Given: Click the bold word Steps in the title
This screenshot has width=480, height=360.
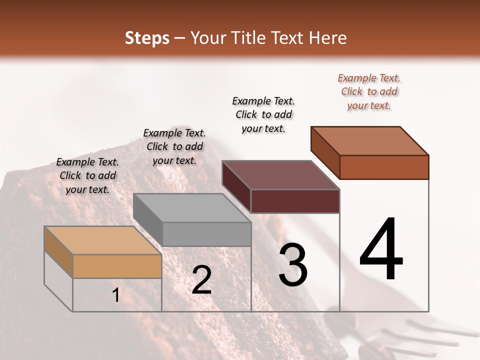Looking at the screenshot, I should click(x=147, y=38).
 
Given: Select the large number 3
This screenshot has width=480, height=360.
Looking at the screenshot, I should click(x=293, y=264).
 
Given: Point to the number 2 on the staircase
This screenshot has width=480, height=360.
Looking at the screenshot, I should click(x=202, y=280).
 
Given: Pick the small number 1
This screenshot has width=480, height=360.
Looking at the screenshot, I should click(x=115, y=295).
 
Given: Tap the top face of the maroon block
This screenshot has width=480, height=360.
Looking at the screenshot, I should click(x=281, y=175).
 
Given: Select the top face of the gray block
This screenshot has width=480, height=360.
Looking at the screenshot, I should click(x=192, y=208).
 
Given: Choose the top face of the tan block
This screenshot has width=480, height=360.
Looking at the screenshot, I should click(x=103, y=240).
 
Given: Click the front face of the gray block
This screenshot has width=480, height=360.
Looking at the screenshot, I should click(x=207, y=234).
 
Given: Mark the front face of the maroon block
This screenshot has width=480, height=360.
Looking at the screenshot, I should click(x=295, y=201).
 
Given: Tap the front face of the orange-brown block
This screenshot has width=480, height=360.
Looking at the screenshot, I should click(x=384, y=167).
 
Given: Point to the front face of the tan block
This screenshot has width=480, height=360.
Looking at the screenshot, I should click(x=117, y=266).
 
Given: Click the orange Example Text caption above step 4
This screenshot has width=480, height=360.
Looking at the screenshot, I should click(x=369, y=91).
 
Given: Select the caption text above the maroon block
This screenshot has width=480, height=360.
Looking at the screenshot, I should click(x=263, y=114).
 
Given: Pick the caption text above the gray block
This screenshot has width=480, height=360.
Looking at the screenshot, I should click(x=174, y=146).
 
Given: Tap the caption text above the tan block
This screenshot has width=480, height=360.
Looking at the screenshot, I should click(x=87, y=175).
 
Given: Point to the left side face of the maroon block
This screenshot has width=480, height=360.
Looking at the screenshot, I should click(x=236, y=187).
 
